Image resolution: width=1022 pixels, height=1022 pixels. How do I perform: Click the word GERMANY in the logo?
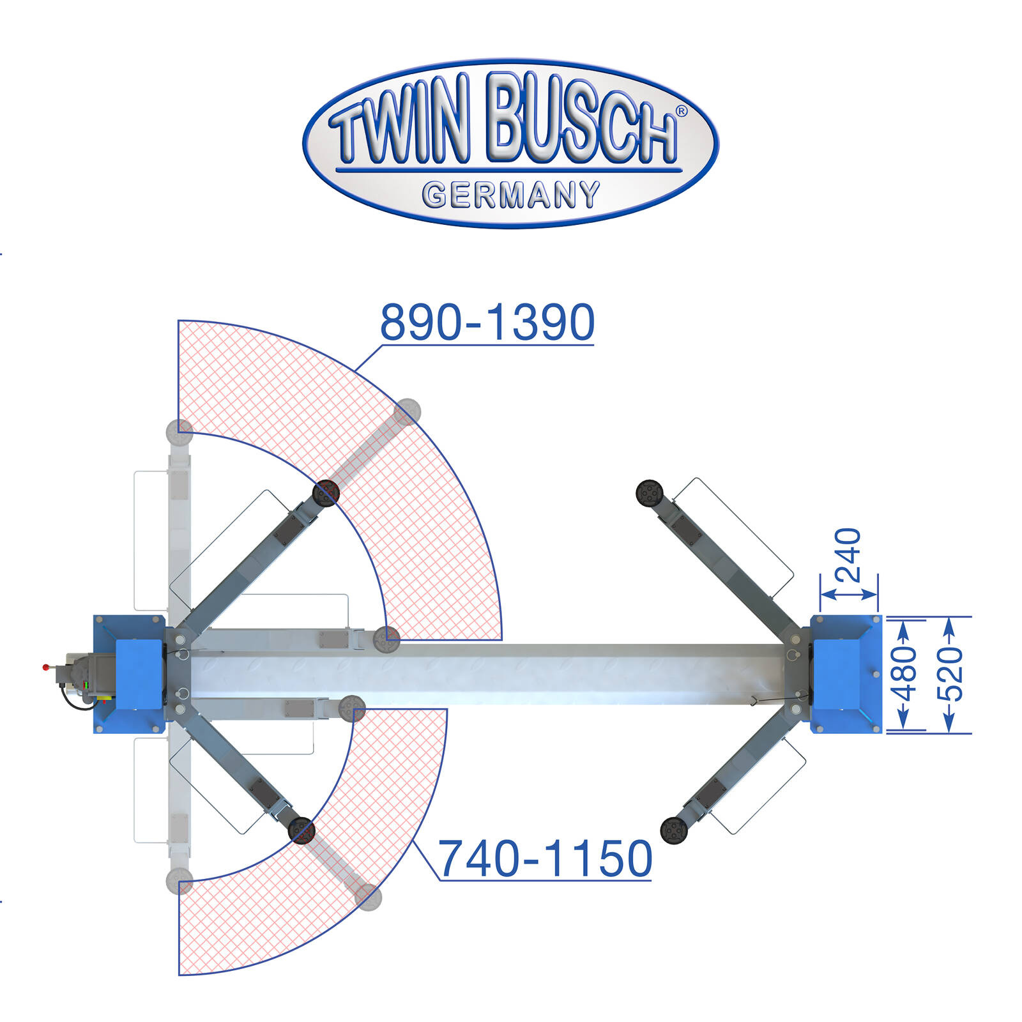[511, 195]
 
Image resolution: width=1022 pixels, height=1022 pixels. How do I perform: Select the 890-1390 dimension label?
[487, 323]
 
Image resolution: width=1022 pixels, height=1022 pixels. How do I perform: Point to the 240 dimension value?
[849, 554]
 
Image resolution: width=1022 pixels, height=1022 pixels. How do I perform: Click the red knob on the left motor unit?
[45, 667]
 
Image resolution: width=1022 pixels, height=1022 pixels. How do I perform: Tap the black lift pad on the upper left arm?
[326, 492]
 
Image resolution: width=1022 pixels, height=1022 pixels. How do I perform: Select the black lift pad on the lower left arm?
[301, 830]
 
